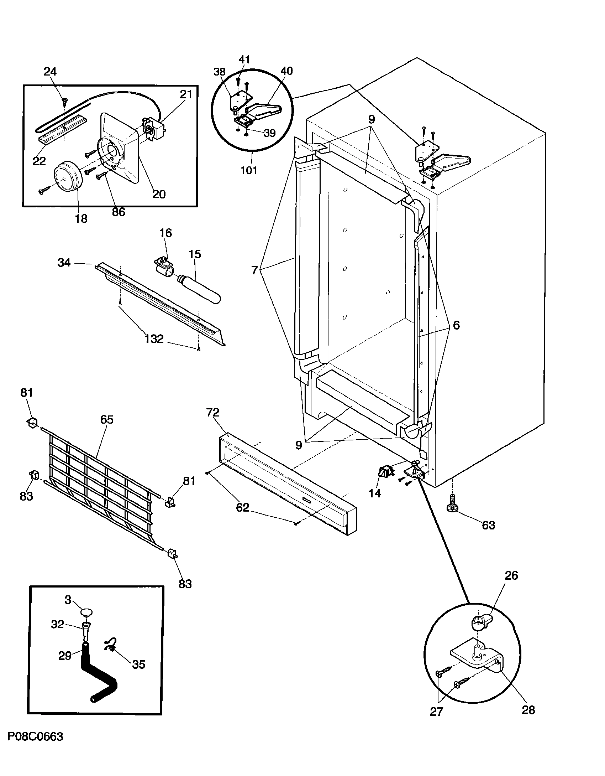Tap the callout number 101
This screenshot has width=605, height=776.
[x=249, y=170]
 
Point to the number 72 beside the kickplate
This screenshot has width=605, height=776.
[x=213, y=413]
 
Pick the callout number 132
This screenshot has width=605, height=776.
[x=154, y=338]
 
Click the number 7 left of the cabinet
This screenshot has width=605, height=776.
[x=254, y=271]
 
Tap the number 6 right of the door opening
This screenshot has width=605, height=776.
[x=456, y=325]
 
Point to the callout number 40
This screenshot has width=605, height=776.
[x=286, y=71]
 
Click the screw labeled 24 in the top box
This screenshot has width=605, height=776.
[x=64, y=102]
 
